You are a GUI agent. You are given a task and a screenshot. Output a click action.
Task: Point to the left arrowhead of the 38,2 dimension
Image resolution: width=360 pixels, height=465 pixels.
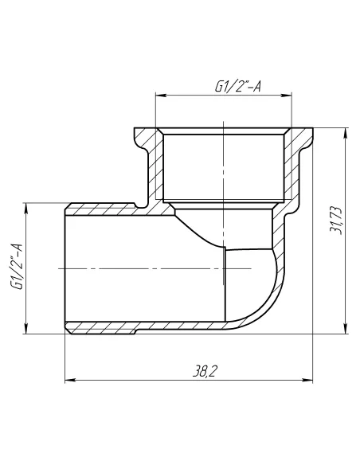coord(68,379)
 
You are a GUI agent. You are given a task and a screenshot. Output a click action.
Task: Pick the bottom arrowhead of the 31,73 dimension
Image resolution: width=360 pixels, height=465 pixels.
coord(345,327)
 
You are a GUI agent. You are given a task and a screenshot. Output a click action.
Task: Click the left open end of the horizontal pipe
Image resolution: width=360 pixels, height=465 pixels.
coord(65,268)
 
